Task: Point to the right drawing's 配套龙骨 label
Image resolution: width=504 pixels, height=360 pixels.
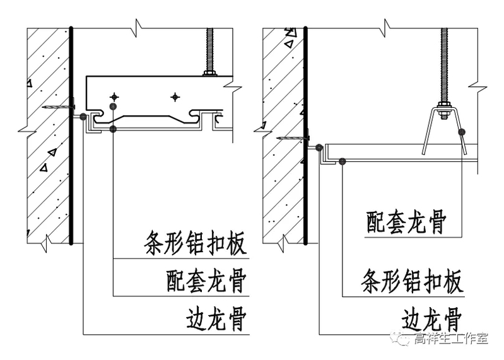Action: pyautogui.click(x=406, y=222)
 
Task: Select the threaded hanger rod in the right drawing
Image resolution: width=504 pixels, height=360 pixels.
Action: pyautogui.click(x=445, y=63)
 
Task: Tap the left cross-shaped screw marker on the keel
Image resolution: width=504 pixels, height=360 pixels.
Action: pyautogui.click(x=114, y=96)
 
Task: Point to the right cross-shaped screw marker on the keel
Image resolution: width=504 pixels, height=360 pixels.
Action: pyautogui.click(x=175, y=96)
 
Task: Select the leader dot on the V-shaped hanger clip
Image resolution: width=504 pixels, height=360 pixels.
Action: pyautogui.click(x=462, y=132)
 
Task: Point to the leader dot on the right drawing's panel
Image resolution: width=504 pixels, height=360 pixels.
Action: pyautogui.click(x=341, y=161)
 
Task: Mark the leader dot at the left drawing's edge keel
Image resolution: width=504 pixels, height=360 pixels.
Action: pyautogui.click(x=84, y=116)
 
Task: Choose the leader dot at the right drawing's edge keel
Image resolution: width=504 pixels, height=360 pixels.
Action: pyautogui.click(x=319, y=148)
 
